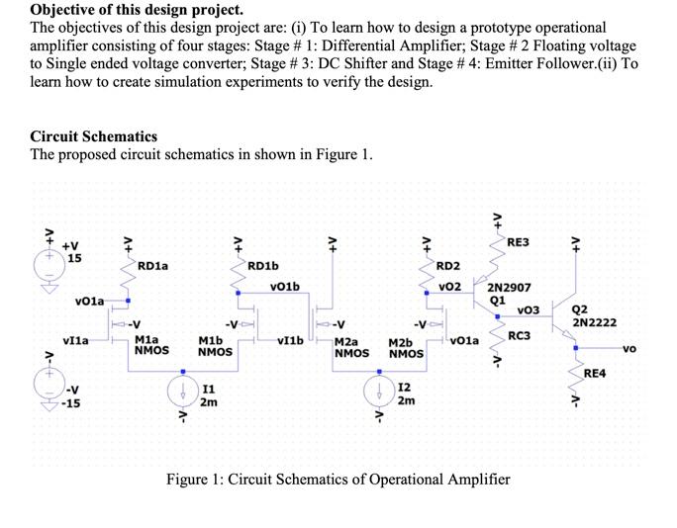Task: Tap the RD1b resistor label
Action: pos(262,265)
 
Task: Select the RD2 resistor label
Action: pos(447,265)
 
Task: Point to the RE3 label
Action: pos(518,242)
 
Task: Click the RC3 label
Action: pos(521,335)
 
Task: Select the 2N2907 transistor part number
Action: pos(510,288)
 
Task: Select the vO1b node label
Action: pos(283,287)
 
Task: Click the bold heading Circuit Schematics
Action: pos(94,136)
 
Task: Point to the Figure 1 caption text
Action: pos(338,480)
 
